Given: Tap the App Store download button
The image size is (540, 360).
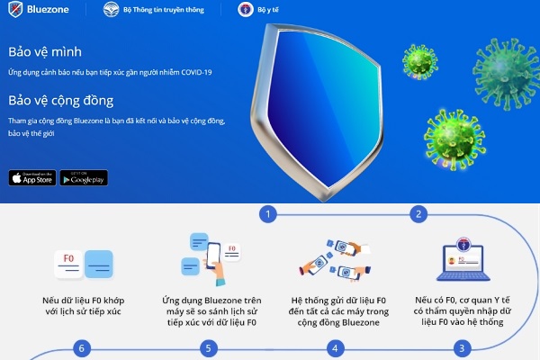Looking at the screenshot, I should [31, 177].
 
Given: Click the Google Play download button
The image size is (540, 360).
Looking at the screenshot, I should [84, 177].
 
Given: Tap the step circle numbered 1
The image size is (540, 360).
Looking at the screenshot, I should [267, 214].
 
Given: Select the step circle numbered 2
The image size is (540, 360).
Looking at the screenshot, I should [418, 214].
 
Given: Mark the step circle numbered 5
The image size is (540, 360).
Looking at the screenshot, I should [209, 347].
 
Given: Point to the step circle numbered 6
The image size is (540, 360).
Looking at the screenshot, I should [82, 347].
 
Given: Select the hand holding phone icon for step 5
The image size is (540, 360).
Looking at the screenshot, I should [208, 256].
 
